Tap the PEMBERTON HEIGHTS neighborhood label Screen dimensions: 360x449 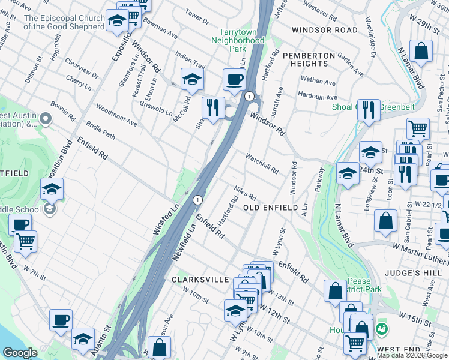pyautogui.click(x=309, y=60)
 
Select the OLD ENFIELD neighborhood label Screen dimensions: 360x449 pyautogui.click(x=270, y=208)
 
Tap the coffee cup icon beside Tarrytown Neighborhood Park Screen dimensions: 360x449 pyautogui.click(x=234, y=79)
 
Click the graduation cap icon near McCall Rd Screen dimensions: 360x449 pyautogui.click(x=192, y=79)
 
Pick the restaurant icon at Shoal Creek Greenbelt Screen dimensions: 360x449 pyautogui.click(x=369, y=110)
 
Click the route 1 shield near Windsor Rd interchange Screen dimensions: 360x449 pyautogui.click(x=248, y=96)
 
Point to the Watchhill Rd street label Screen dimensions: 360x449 pyautogui.click(x=261, y=163)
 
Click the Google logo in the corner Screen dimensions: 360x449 pyautogui.click(x=20, y=353)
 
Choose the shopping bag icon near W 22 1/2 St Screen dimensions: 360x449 pyautogui.click(x=385, y=221)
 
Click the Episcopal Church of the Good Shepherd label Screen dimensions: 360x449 pyautogui.click(x=64, y=22)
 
